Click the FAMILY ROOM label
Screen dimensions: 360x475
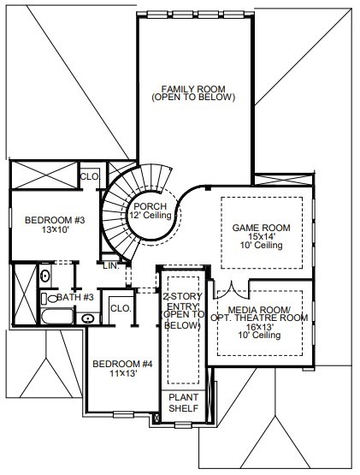coord(193,89)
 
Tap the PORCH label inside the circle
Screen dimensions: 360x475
coord(150,206)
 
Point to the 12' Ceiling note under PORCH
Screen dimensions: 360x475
coord(150,216)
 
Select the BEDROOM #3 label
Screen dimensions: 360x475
coord(55,220)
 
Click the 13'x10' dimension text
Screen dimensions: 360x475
coord(56,229)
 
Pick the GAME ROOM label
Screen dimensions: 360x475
coord(261,228)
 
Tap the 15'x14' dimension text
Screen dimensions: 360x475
coord(261,236)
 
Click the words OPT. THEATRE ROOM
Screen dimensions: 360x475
coord(259,318)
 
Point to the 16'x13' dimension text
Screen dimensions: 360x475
coord(259,327)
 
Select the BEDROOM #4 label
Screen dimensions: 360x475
coord(122,364)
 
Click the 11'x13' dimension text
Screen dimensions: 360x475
coord(123,373)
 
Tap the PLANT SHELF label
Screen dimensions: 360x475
coord(184,402)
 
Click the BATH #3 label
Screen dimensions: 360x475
coord(75,297)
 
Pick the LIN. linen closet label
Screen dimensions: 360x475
coord(110,265)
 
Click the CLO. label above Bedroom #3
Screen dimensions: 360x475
coord(90,176)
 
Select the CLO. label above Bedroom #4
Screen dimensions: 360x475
coord(121,309)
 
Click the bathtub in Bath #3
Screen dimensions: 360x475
coord(57,317)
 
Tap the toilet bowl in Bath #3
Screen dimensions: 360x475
coord(50,299)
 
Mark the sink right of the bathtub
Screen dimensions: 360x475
coord(88,318)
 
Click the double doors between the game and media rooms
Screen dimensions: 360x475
coord(232,290)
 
